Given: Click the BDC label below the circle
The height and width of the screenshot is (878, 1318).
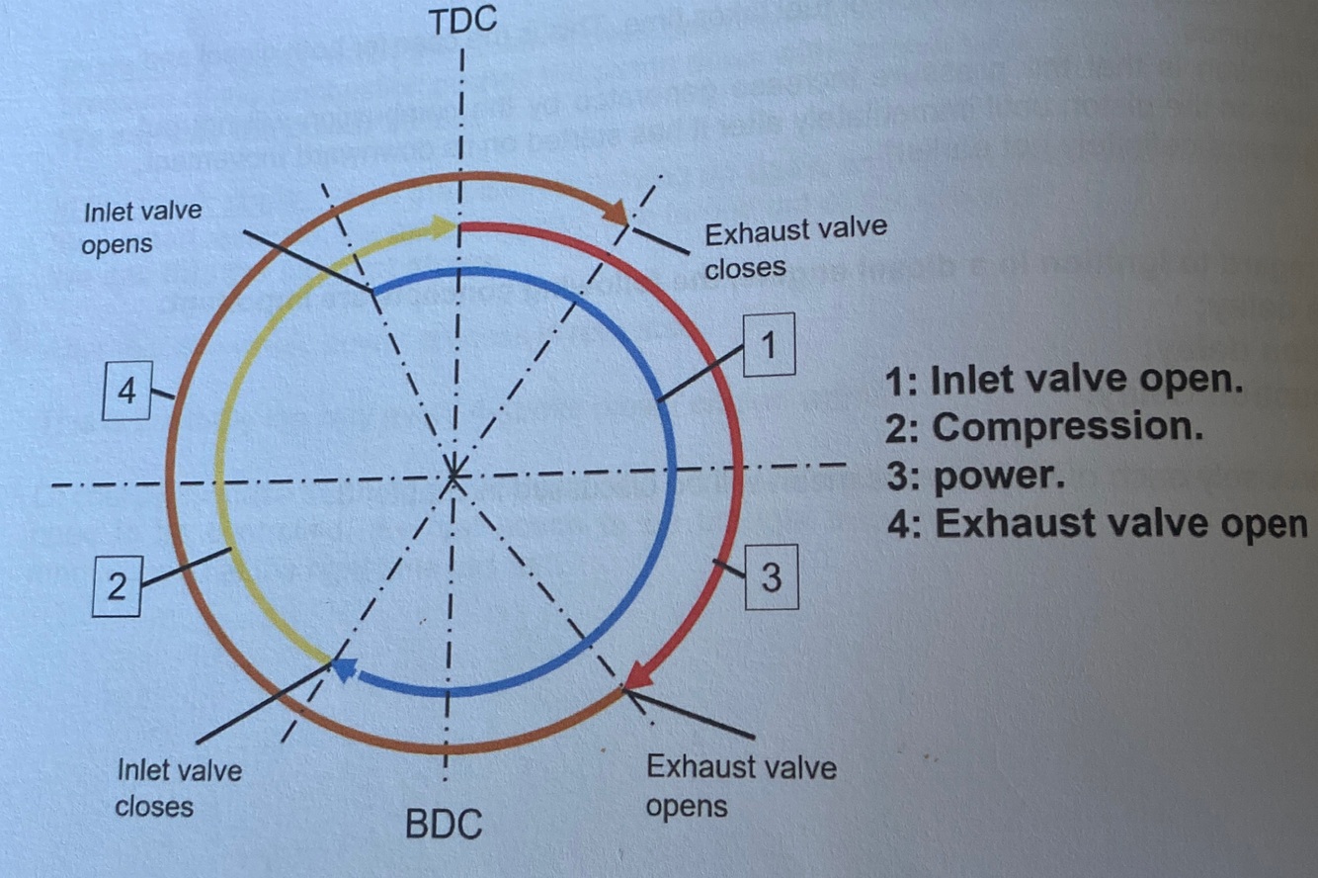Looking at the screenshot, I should [444, 823].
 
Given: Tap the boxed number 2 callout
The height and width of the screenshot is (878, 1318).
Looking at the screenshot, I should [117, 587].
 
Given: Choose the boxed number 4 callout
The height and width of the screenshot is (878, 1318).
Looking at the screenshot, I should [126, 393].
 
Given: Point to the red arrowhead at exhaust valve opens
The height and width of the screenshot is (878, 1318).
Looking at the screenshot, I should [638, 675].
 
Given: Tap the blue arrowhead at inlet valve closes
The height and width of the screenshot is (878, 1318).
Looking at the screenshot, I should [343, 669].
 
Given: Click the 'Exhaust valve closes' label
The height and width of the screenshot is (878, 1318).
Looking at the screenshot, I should [795, 248].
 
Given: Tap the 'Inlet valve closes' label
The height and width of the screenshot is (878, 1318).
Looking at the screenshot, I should [178, 787].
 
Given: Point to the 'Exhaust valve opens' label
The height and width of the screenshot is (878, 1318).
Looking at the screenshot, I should [740, 786].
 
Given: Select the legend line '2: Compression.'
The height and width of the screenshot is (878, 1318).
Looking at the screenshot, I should [1045, 427].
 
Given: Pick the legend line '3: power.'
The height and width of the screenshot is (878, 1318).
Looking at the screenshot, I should [976, 476].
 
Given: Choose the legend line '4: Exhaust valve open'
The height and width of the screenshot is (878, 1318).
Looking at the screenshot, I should [1097, 523].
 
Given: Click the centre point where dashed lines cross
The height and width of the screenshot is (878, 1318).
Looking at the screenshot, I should [453, 477].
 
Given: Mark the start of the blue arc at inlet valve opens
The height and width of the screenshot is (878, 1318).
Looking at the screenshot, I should [372, 291].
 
